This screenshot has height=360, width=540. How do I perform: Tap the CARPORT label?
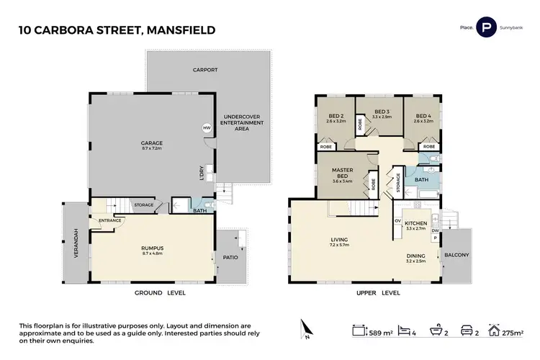(x=204, y=70)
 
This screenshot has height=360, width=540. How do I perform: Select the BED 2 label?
(x=336, y=115)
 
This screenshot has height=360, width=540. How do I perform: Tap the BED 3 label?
(x=383, y=112)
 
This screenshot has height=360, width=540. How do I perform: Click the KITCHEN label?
(x=416, y=224)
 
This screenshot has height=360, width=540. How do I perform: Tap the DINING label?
(x=415, y=255)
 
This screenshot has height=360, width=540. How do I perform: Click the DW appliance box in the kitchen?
(x=436, y=230)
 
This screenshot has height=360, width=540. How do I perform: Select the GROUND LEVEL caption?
(x=161, y=292)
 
